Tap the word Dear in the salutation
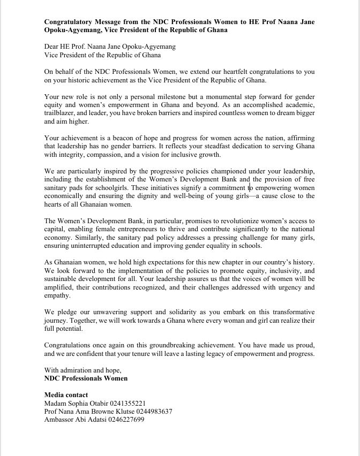click(52, 47)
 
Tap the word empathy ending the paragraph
click(57, 296)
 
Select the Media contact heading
click(66, 395)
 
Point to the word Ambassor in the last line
click(61, 420)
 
